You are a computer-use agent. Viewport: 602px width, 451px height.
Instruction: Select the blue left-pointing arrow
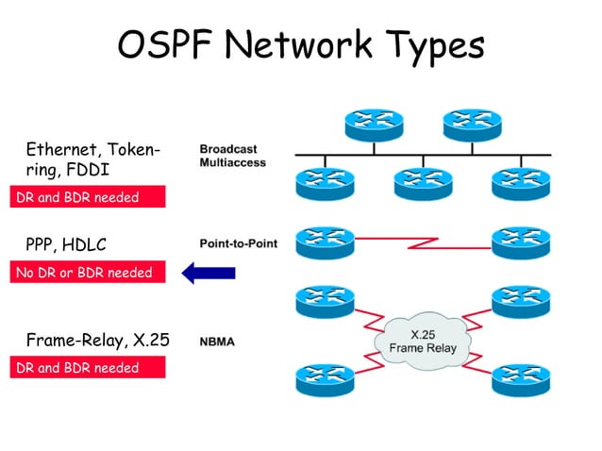207,274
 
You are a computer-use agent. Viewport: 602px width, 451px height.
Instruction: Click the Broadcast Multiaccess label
232,156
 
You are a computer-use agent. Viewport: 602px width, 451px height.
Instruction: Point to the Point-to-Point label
239,243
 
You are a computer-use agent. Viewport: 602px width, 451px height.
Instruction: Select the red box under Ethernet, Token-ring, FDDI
88,197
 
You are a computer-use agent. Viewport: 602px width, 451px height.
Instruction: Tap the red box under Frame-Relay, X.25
88,368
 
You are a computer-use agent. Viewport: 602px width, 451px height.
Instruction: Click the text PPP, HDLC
66,244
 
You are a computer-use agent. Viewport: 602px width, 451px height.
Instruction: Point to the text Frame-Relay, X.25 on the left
97,340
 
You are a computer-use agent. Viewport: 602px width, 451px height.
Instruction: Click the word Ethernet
63,149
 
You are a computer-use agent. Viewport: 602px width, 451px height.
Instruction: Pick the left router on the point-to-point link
325,242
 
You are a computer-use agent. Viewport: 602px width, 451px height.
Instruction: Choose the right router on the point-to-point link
520,242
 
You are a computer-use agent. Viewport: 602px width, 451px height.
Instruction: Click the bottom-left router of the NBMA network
325,378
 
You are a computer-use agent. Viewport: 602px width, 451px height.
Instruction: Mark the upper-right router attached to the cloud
520,300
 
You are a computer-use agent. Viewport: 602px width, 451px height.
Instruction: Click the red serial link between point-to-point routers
422,244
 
